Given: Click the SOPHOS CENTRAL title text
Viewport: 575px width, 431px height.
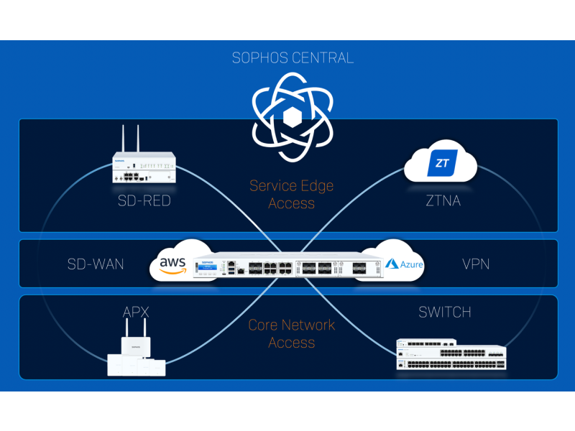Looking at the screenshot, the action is [x=293, y=58].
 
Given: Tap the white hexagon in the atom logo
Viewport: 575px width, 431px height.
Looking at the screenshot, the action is [x=293, y=117].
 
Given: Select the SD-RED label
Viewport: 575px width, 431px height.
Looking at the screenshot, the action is [x=144, y=201].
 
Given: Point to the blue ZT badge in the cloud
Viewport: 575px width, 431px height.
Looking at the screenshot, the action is [x=442, y=163].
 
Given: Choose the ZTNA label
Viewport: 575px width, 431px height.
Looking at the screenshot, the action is [x=443, y=201].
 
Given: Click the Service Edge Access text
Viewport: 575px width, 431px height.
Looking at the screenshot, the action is [x=292, y=194].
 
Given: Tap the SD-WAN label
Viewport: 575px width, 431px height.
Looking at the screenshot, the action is [x=96, y=264].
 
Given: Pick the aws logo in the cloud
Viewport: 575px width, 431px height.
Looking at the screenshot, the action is [x=172, y=265].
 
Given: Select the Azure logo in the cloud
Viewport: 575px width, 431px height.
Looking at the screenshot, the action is [x=404, y=264].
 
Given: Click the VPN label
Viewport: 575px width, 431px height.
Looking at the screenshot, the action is [x=476, y=264].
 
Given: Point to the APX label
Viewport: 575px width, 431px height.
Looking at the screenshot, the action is [x=136, y=312].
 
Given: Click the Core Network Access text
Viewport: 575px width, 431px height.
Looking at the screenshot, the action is [x=292, y=333].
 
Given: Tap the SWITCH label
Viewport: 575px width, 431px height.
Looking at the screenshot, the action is [x=445, y=312].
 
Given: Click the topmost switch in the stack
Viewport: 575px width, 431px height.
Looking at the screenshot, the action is [x=426, y=343].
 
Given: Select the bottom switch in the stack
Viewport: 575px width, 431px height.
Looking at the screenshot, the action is [x=451, y=364].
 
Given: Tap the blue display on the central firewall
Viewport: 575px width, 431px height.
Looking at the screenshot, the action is [x=208, y=267].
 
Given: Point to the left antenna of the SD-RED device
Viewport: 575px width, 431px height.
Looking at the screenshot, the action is [x=123, y=138].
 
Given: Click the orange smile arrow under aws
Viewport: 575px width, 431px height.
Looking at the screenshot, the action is [x=172, y=272].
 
